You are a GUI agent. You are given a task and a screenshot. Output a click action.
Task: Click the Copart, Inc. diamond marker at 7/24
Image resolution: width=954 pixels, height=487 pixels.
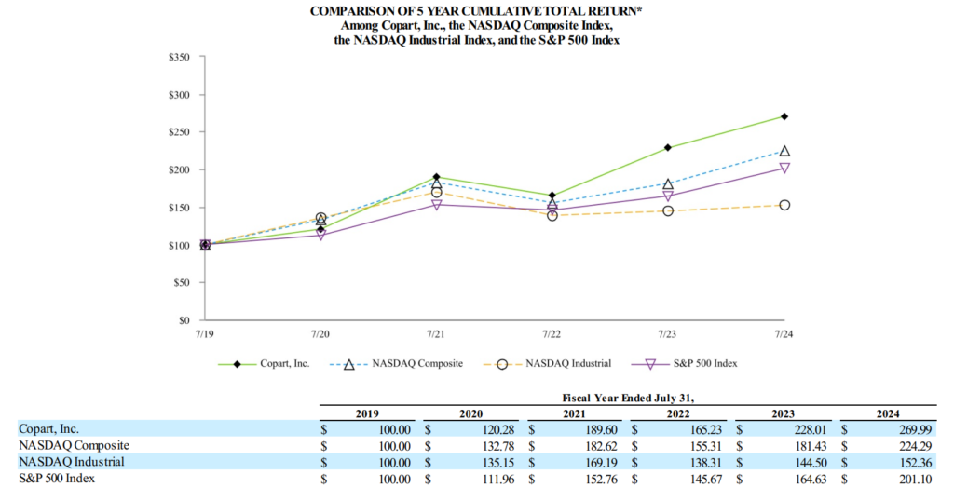[784, 116]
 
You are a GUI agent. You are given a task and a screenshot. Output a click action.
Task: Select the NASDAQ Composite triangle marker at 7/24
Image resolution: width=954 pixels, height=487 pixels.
[784, 151]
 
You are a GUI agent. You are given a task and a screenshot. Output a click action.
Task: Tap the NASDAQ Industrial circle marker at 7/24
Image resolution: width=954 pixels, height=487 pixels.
[784, 205]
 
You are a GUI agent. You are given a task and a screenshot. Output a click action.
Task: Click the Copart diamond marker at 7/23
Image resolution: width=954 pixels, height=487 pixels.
[668, 148]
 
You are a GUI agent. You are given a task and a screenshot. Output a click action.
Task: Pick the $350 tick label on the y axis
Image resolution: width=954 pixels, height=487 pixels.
[178, 58]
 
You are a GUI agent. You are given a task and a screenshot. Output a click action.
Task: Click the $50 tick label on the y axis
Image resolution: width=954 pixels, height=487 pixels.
[181, 283]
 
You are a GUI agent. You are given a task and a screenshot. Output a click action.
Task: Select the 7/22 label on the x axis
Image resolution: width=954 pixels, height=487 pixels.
[552, 332]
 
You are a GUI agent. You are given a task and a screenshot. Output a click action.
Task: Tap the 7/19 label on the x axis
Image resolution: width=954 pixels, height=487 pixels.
[205, 332]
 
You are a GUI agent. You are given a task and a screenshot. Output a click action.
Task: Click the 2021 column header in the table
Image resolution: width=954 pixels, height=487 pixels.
[578, 413]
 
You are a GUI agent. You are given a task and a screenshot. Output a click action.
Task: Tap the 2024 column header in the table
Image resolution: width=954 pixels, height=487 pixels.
[890, 413]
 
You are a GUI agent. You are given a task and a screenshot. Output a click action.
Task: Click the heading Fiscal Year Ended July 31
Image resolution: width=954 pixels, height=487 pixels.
[617, 398]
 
